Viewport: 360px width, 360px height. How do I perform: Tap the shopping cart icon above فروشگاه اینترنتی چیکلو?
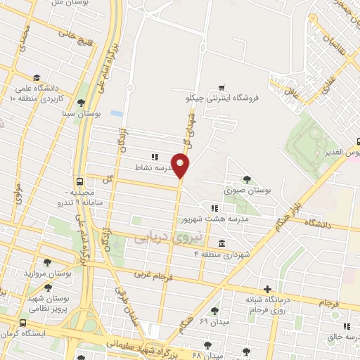click(x=221, y=87)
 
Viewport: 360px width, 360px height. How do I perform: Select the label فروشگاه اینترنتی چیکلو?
click(x=226, y=98)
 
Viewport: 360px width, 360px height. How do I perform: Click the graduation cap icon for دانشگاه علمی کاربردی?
click(x=36, y=77)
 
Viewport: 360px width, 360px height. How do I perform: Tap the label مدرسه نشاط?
click(x=148, y=169)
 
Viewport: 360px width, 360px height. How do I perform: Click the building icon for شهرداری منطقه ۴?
click(x=221, y=244)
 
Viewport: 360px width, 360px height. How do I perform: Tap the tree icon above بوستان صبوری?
click(x=246, y=179)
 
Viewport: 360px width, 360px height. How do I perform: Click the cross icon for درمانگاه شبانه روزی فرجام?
click(x=266, y=288)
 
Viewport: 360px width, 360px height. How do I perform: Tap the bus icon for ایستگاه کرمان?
click(x=23, y=323)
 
